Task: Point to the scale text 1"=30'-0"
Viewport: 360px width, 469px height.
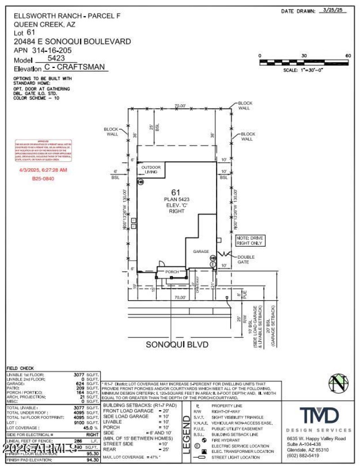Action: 303,70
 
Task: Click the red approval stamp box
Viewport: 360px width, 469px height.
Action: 44,151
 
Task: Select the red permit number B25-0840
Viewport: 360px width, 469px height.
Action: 43,178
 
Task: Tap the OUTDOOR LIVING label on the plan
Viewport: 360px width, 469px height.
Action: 151,170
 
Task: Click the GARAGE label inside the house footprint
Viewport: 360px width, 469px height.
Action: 202,252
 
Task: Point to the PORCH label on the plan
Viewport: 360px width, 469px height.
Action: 172,272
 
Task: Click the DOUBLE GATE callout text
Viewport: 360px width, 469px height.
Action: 246,259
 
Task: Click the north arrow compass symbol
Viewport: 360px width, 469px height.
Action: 338,383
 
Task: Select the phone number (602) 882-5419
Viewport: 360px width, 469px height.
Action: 303,455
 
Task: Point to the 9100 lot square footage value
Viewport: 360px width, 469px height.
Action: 79,423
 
